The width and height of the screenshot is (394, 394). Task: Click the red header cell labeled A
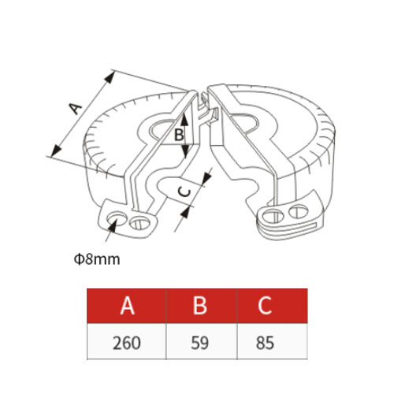click(127, 306)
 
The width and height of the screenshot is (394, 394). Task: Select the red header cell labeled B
click(202, 306)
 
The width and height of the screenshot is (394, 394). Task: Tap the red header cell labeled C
click(273, 306)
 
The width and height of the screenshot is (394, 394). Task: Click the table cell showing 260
click(127, 341)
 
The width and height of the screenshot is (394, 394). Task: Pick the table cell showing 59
click(202, 341)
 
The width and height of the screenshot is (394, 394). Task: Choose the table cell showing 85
click(273, 341)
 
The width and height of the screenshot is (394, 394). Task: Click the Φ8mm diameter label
click(97, 259)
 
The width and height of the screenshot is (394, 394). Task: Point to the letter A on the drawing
click(75, 109)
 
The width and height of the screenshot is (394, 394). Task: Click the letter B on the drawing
click(179, 136)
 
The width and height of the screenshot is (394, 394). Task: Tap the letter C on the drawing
click(184, 191)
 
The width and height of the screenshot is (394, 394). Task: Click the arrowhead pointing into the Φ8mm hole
click(113, 225)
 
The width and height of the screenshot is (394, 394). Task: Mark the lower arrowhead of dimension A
click(56, 151)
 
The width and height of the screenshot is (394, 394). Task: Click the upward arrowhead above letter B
click(185, 118)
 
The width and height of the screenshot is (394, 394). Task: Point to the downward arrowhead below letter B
click(185, 151)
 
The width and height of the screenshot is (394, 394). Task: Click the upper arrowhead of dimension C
click(207, 176)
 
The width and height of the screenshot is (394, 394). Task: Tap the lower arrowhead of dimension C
click(185, 212)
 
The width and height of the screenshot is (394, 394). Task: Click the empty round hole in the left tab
click(117, 217)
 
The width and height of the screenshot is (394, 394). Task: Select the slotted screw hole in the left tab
click(139, 222)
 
